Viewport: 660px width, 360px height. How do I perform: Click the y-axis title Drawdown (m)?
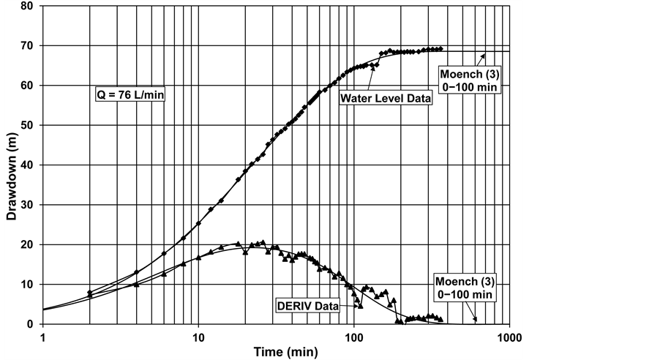(x=12, y=165)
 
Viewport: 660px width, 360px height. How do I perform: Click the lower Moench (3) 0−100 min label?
(x=464, y=288)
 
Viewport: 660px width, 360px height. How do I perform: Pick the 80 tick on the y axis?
(x=32, y=7)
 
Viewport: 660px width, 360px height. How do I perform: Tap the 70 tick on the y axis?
(x=32, y=46)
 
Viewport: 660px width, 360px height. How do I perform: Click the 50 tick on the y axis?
(x=32, y=126)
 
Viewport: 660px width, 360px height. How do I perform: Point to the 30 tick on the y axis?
(x=32, y=205)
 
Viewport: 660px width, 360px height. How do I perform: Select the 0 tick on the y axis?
(x=35, y=324)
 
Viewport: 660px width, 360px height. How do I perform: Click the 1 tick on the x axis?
(x=43, y=337)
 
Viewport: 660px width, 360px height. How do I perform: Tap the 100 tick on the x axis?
(x=353, y=337)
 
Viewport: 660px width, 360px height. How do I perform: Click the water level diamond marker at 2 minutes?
(x=90, y=293)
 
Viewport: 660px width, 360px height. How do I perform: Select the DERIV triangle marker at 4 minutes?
(x=137, y=285)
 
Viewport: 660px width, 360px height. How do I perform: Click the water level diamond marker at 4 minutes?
(x=137, y=272)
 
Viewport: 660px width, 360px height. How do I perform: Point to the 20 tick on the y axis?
(x=32, y=245)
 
